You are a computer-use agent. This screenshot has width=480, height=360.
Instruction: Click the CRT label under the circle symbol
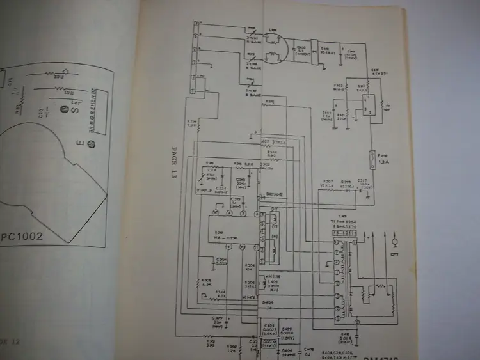(x=394, y=254)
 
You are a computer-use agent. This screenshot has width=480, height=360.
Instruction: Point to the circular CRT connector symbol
(x=395, y=243)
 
